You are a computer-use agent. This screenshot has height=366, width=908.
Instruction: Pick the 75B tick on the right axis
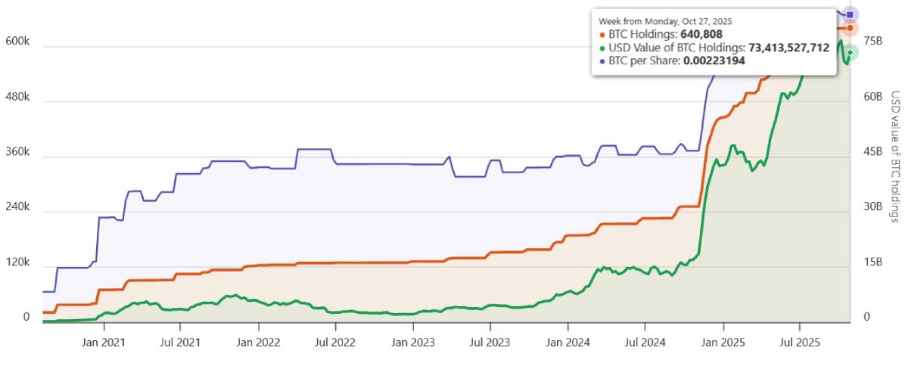[873, 41]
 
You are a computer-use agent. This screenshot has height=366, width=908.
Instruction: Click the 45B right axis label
[873, 152]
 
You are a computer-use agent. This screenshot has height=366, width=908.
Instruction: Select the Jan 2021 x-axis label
[103, 342]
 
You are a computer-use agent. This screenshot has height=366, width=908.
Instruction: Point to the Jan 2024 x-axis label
[567, 342]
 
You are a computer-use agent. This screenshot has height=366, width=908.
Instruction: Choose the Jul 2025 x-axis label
[800, 342]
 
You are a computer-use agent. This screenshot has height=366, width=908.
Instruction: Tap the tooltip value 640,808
[701, 34]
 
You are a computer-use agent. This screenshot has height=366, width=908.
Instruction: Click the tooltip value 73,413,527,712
[788, 48]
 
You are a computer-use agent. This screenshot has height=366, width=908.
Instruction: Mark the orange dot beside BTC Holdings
[602, 34]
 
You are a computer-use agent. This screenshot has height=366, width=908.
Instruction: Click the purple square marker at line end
[850, 14]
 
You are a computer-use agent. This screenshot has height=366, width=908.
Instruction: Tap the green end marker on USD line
[850, 52]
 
